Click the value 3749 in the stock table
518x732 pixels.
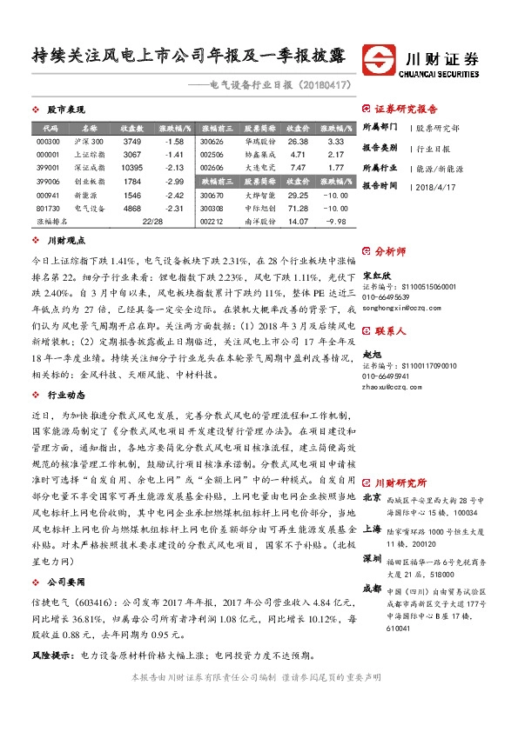click(x=132, y=141)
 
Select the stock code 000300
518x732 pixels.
click(x=48, y=141)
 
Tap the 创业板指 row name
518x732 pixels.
click(x=89, y=181)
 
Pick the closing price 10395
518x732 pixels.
click(x=132, y=168)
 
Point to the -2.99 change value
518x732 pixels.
click(x=173, y=181)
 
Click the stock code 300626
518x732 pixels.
click(x=212, y=141)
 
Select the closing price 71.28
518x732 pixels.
click(x=298, y=209)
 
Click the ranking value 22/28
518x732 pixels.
click(x=153, y=222)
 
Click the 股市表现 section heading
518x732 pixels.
click(x=66, y=110)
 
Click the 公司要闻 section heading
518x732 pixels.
click(x=66, y=578)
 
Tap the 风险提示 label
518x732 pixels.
click(x=51, y=655)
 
